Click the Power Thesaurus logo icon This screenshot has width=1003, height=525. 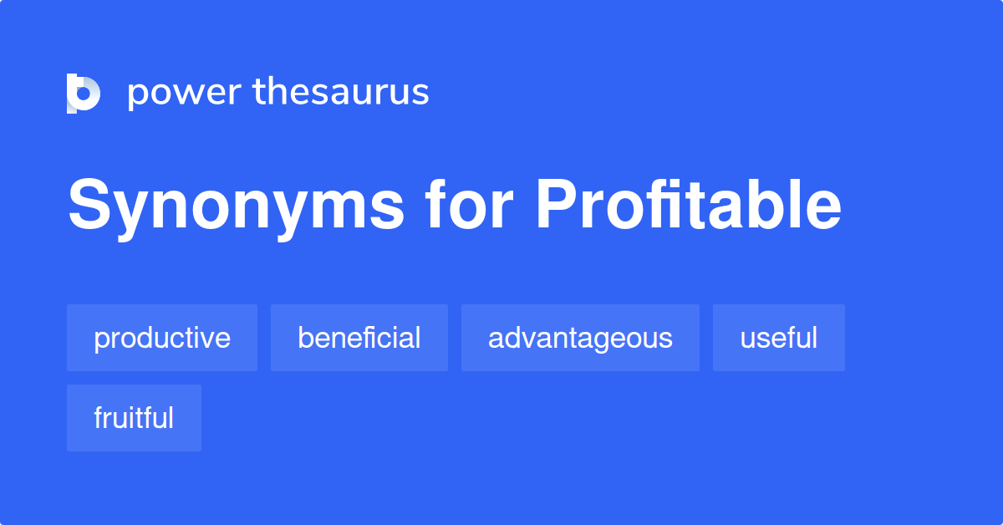pyautogui.click(x=84, y=93)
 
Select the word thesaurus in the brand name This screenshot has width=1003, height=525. pyautogui.click(x=341, y=92)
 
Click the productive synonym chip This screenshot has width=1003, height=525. pyautogui.click(x=162, y=338)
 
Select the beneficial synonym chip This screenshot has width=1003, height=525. pyautogui.click(x=359, y=338)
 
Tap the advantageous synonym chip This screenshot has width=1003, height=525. pyautogui.click(x=580, y=338)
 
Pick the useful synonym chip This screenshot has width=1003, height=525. pyautogui.click(x=779, y=338)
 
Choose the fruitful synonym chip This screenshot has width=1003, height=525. pyautogui.click(x=134, y=418)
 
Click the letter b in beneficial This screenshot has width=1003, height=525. pyautogui.click(x=305, y=338)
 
